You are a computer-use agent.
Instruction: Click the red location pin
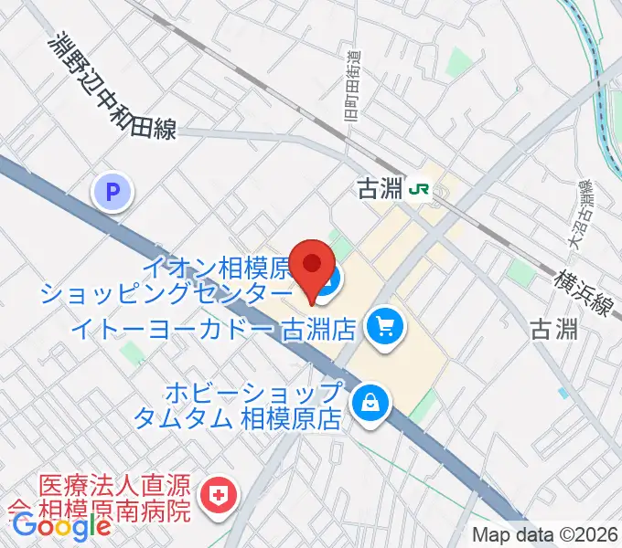(x=312, y=266)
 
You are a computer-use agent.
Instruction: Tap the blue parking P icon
(x=113, y=193)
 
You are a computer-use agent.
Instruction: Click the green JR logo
(x=421, y=189)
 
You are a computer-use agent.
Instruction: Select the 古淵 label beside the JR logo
(x=380, y=190)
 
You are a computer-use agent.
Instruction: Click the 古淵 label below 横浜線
(x=554, y=330)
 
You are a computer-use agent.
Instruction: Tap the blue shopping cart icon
(x=382, y=326)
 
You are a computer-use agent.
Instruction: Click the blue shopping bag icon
(x=371, y=402)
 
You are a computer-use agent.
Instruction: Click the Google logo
(x=61, y=526)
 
